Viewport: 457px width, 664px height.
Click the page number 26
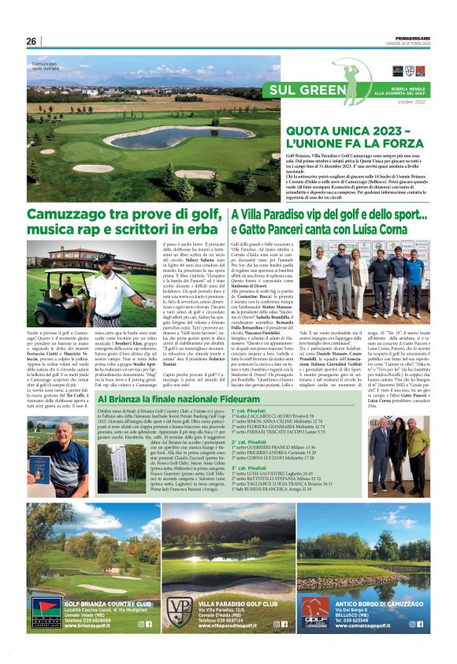[31, 41]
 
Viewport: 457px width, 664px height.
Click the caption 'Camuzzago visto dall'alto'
[49, 66]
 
